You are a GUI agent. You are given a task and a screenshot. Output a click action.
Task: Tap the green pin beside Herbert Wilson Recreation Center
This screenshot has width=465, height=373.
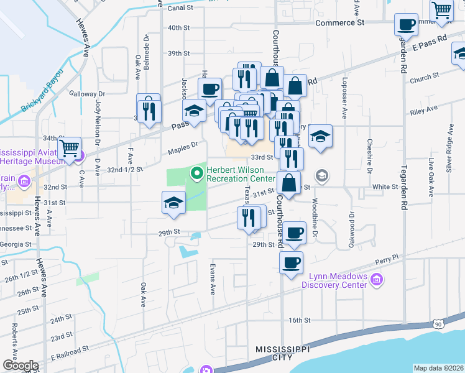(x=198, y=172)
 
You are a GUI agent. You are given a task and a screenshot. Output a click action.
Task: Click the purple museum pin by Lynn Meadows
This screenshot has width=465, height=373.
(x=375, y=280)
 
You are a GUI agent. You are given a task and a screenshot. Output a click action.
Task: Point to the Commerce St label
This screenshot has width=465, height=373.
(x=339, y=22)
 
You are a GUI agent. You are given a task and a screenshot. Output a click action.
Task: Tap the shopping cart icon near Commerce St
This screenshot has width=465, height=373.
(x=441, y=9)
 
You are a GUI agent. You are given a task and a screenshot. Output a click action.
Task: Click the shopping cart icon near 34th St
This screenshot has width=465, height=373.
(x=70, y=148)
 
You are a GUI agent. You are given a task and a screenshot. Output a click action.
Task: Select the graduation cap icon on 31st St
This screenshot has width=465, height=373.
(x=173, y=202)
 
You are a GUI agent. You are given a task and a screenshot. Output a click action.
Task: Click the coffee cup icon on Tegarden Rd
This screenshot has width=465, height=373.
(x=406, y=25)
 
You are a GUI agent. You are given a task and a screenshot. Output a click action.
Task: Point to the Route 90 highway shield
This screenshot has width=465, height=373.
(x=439, y=324)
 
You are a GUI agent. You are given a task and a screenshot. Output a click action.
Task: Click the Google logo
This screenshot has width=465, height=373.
(x=21, y=366)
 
